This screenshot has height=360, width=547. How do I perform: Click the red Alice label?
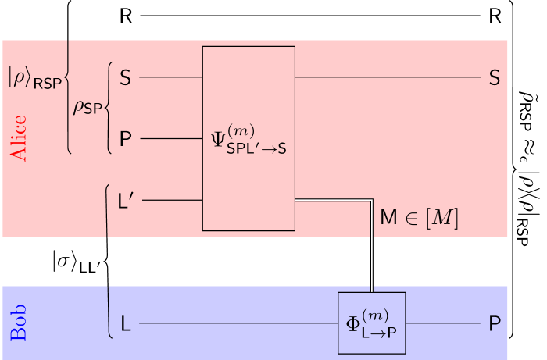[x=18, y=138]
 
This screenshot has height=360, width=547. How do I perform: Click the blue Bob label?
[x=19, y=323]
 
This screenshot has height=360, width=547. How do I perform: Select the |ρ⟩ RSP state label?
[x=35, y=79]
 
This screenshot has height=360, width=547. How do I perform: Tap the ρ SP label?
[x=88, y=108]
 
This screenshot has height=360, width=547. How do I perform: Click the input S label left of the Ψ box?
[x=125, y=78]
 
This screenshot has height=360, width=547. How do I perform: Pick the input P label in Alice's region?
[x=125, y=139]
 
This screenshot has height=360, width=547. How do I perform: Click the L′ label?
[x=127, y=200]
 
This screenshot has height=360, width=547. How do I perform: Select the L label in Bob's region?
[x=125, y=323]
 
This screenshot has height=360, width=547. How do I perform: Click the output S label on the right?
[x=494, y=78]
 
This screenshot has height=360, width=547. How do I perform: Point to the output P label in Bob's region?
[x=494, y=323]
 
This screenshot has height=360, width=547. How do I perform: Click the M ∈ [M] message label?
[x=418, y=218]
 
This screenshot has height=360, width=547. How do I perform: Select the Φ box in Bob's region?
[x=371, y=323]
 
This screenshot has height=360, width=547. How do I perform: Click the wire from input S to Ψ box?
[x=170, y=78]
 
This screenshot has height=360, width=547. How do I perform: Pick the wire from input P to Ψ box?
[x=170, y=139]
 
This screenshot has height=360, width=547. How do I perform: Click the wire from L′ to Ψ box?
[x=172, y=200]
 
